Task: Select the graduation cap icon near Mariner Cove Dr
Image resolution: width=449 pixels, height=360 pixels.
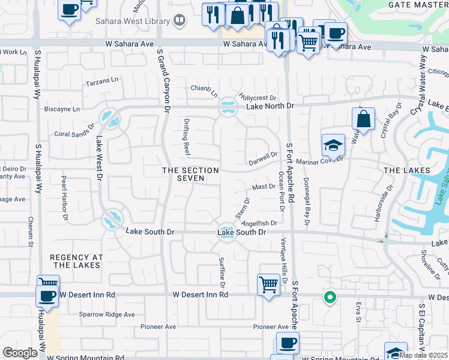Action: click(x=333, y=145)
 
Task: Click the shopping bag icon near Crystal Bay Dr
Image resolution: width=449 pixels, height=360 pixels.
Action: click(x=363, y=119)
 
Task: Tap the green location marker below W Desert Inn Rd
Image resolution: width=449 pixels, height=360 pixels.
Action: click(x=329, y=296)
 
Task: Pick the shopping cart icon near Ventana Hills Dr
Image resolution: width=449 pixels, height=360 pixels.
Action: click(x=268, y=284)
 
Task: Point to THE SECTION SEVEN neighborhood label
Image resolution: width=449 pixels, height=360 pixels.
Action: click(x=191, y=175)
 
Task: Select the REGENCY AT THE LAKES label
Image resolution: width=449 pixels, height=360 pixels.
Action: click(x=77, y=261)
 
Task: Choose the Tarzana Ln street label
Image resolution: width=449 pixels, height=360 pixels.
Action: click(x=103, y=80)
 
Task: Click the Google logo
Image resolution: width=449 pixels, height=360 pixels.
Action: click(x=20, y=353)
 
